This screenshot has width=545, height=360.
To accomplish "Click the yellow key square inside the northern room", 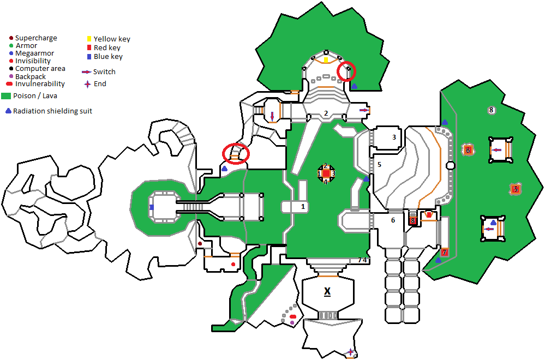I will point(326,59).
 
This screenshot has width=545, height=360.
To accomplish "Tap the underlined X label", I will point(327,292).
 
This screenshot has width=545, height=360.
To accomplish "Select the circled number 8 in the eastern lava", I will point(491,110).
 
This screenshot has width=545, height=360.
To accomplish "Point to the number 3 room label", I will point(394,137).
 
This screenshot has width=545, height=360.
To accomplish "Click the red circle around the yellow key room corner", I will point(346,71).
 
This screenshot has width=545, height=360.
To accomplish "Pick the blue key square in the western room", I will point(152,207).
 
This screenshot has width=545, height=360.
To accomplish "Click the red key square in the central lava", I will point(326,173).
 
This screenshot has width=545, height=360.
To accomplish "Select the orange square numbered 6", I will point(468,150).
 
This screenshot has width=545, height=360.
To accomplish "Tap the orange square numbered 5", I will point(515,189).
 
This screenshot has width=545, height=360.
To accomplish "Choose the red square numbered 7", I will point(444,253).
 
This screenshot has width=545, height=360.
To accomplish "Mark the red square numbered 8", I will point(413,221).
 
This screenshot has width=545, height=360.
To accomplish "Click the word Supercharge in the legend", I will point(36,38).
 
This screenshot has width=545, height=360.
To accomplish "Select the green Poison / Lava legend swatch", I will point(6,95).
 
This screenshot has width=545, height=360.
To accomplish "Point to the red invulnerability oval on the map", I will point(293,317).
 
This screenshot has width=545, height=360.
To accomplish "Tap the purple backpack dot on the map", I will point(292,323).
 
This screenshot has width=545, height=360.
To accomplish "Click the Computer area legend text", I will point(40,69).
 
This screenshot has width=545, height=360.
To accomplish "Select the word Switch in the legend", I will point(104,71).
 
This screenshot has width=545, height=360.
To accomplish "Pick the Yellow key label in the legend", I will point(112,39).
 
